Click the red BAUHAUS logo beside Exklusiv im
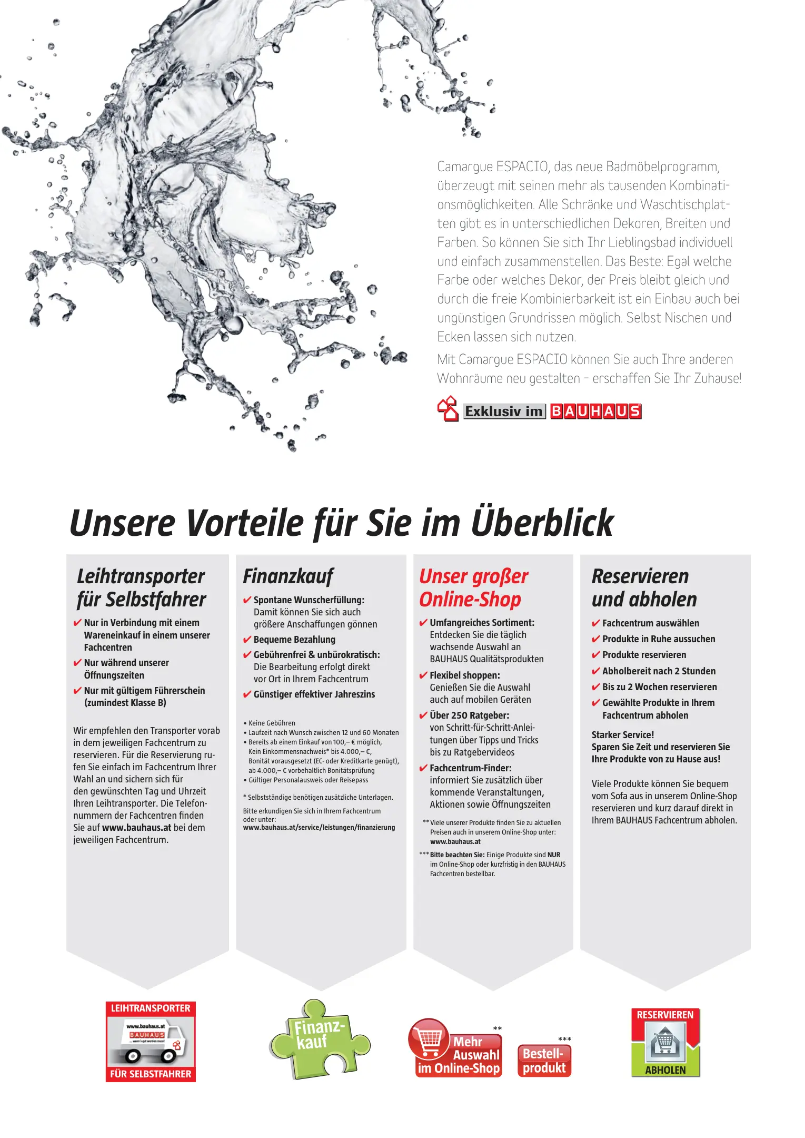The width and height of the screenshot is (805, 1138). coord(595,411)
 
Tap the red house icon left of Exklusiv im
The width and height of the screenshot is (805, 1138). coord(448,409)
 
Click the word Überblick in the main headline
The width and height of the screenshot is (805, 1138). coord(542,523)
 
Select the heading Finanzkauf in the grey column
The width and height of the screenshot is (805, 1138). coord(288,576)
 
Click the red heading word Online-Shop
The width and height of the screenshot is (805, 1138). coord(470,600)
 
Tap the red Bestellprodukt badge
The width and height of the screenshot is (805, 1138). coord(544,1061)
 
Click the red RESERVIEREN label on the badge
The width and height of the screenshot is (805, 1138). coord(665,1015)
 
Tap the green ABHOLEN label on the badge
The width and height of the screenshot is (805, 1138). coord(665,1070)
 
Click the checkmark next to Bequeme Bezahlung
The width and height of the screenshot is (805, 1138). coord(247,640)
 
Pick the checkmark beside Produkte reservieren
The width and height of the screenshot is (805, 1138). coord(595,655)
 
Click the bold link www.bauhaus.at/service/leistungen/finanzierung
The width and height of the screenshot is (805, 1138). coord(319,828)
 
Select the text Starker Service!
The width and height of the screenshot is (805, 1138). coord(622,735)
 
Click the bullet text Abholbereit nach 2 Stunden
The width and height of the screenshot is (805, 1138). coord(659,671)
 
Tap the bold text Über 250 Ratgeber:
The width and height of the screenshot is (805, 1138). coord(469,715)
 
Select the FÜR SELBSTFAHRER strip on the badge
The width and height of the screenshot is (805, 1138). coord(151,1074)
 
